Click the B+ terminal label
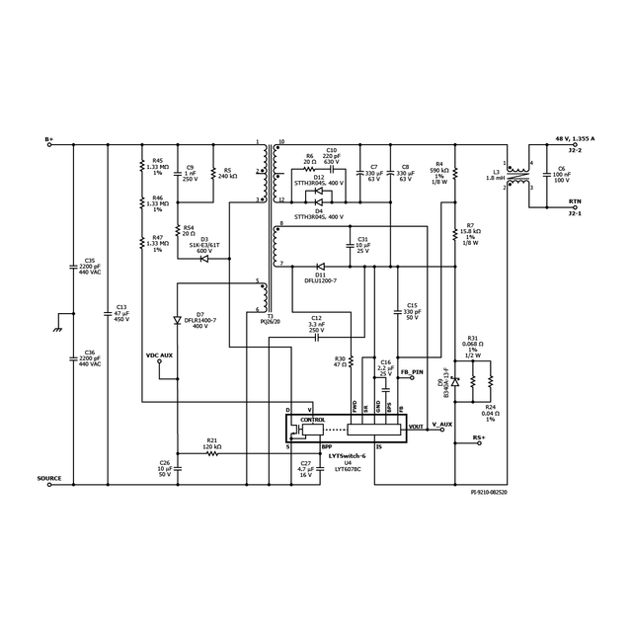point(49,139)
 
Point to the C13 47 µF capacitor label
point(121,312)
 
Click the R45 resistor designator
point(158,160)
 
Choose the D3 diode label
point(204,238)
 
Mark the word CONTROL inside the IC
point(312,420)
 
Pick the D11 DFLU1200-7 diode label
point(320,277)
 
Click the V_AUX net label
point(441,425)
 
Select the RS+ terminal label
point(478,436)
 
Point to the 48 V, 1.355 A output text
point(575,140)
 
